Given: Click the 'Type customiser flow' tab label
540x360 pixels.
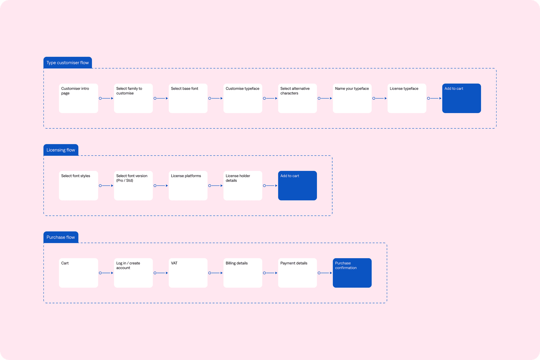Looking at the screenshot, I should pos(67,63).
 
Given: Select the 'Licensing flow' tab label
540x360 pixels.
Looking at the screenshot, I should pos(61,150).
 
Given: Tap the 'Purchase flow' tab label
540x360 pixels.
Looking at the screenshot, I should pos(61,237).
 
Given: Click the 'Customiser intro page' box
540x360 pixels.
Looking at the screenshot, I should pos(79,98).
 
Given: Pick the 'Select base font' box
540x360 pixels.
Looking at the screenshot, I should pos(188,98).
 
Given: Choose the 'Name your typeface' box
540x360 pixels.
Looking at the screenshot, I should pos(352,98).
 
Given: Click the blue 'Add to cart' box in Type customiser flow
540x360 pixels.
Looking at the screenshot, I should pos(461,98).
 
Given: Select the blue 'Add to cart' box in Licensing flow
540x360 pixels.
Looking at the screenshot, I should pos(297,186).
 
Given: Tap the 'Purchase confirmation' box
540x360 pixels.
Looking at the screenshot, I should pos(352,273).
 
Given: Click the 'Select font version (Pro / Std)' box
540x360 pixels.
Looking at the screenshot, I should pos(133,186).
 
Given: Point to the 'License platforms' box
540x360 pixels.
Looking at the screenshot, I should pos(188,186).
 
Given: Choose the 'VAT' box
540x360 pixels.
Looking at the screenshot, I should pos(188,273).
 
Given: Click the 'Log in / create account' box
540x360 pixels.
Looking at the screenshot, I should pos(133,273).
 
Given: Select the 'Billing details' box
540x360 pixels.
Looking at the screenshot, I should pos(243,273).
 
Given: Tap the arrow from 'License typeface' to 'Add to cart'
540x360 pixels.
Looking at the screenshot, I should pos(434,98).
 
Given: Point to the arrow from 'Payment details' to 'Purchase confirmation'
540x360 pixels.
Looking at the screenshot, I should pos(325,273).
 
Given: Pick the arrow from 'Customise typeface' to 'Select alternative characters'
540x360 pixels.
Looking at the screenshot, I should pos(270,98).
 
